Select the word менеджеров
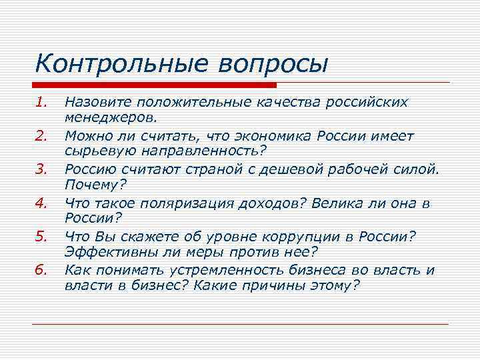point(111,118)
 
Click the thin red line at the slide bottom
point(240,324)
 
